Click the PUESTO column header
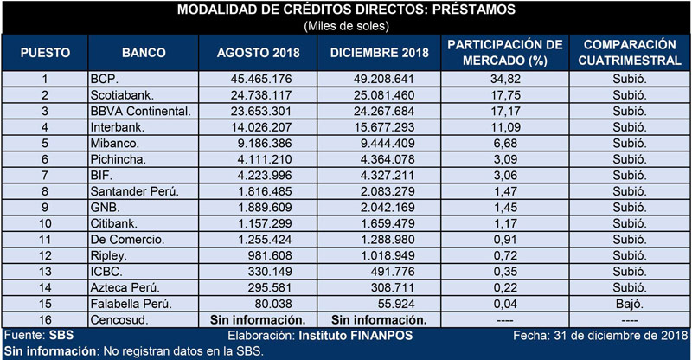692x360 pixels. [x=45, y=53]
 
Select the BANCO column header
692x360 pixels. [x=144, y=53]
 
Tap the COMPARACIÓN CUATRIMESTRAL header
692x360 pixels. [x=630, y=53]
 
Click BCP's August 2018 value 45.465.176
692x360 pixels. [x=261, y=79]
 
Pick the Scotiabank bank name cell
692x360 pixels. [x=122, y=95]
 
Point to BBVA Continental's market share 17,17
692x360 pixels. [x=506, y=111]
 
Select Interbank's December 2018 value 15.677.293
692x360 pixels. [x=384, y=127]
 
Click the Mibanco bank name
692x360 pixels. [x=115, y=143]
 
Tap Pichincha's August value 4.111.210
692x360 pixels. [x=265, y=159]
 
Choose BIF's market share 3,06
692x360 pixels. [x=506, y=176]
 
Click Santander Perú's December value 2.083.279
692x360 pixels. [x=388, y=191]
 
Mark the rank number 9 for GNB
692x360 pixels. [x=45, y=207]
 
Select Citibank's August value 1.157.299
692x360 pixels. [x=265, y=223]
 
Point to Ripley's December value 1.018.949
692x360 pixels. [x=388, y=255]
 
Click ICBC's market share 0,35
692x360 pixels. [x=506, y=272]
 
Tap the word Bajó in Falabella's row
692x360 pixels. [x=630, y=304]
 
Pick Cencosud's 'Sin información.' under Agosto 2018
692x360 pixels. [x=258, y=320]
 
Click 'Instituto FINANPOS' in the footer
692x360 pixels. [x=356, y=336]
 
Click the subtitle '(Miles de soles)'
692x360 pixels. [x=347, y=26]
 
